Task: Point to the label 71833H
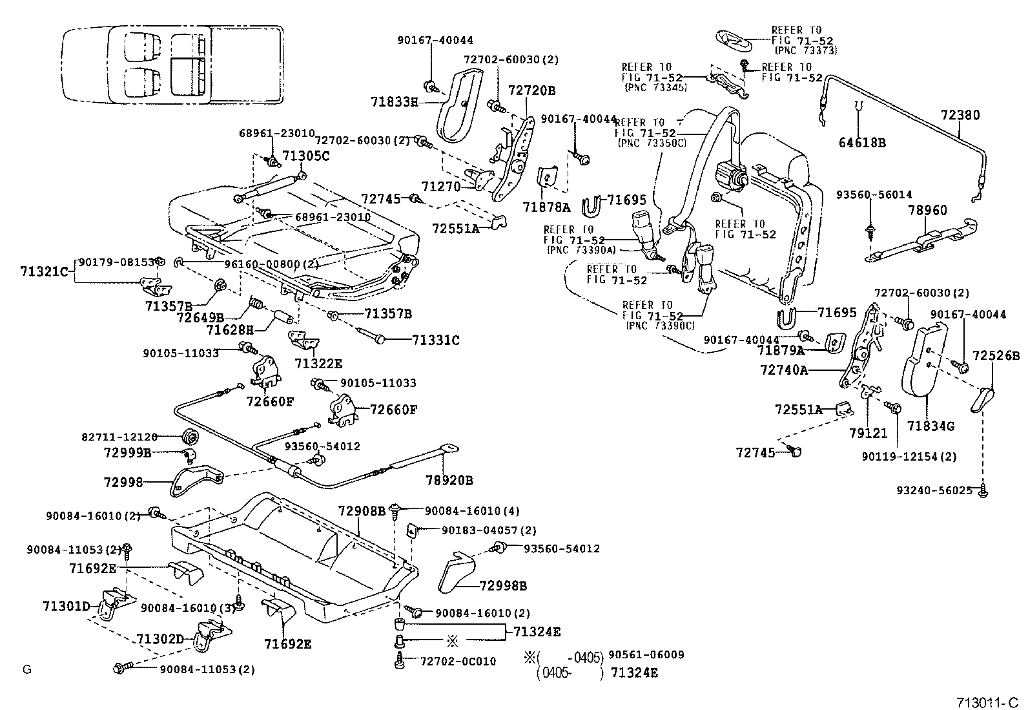(395, 101)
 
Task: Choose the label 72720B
(531, 90)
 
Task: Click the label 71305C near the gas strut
(306, 156)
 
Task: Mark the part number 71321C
(43, 272)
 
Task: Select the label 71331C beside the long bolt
(436, 340)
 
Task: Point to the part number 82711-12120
(119, 437)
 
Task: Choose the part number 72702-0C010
(458, 661)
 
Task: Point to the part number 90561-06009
(646, 654)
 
